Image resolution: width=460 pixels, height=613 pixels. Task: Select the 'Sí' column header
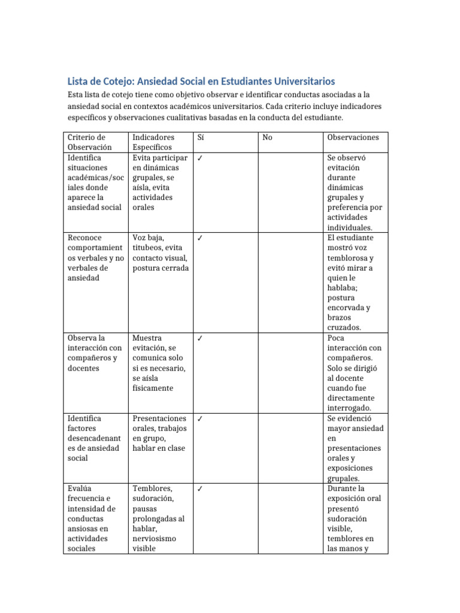tap(201, 137)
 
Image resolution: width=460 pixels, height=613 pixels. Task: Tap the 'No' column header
tap(267, 137)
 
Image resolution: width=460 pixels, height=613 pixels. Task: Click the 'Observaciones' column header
tap(353, 137)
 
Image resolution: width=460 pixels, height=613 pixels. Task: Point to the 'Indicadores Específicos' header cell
tap(153, 142)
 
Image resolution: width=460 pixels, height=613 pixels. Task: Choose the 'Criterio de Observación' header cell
tap(90, 142)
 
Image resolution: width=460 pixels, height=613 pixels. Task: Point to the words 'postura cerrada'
tap(161, 268)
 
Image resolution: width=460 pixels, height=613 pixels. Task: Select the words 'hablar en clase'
tap(159, 448)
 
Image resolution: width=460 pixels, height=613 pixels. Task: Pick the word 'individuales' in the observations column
tap(350, 227)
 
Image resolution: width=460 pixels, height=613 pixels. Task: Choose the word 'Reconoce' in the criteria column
tap(85, 238)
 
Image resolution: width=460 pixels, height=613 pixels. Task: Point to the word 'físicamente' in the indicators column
tap(153, 388)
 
